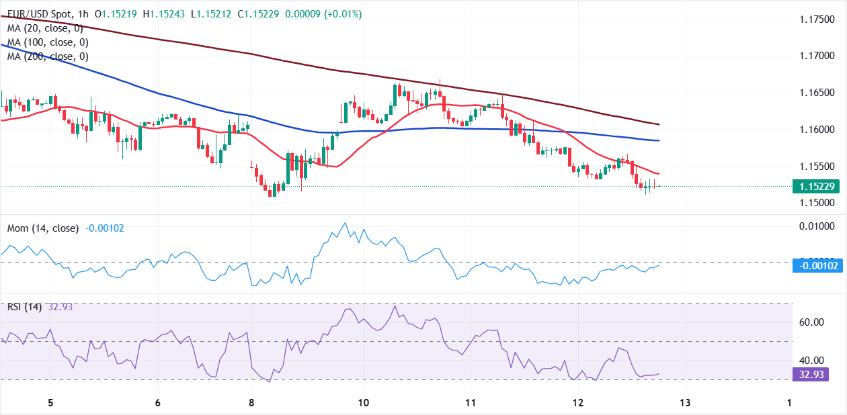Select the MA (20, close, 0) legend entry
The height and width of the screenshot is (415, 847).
(44, 28)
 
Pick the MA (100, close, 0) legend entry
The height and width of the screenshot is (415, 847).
(47, 42)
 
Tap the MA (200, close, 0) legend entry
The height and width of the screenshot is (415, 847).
(47, 56)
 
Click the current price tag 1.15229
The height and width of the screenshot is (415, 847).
(815, 187)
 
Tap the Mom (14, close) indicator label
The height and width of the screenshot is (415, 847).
(42, 228)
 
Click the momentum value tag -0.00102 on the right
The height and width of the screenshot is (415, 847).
(818, 265)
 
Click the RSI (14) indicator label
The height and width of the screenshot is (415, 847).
(24, 307)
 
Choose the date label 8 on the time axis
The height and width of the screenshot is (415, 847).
(251, 402)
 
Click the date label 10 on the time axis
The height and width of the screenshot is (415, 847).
(363, 402)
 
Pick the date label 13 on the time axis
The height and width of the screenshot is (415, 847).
(685, 402)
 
